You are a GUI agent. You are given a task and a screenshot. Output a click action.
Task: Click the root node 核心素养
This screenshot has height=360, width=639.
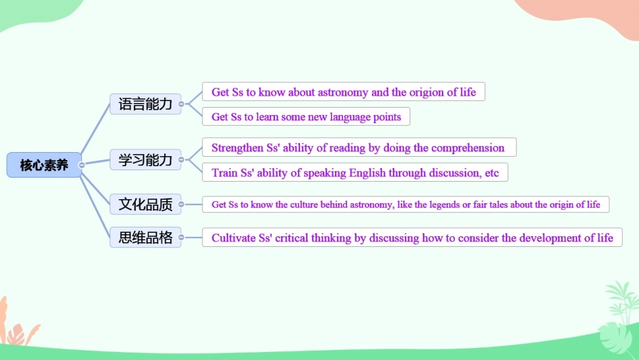[44, 165]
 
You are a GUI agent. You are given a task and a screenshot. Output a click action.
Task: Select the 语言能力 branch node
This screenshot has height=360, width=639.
[145, 104]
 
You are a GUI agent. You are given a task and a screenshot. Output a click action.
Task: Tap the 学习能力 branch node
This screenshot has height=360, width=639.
[145, 160]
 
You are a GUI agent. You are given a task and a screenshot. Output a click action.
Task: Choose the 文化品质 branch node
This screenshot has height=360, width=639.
[145, 204]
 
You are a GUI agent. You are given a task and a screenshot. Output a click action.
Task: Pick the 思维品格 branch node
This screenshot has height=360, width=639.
[145, 238]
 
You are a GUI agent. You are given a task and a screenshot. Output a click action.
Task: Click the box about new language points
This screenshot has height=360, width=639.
[306, 117]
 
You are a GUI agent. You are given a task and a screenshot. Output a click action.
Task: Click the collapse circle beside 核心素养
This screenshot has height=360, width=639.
[81, 165]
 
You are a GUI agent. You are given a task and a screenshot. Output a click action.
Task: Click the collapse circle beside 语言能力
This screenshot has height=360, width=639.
[182, 104]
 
